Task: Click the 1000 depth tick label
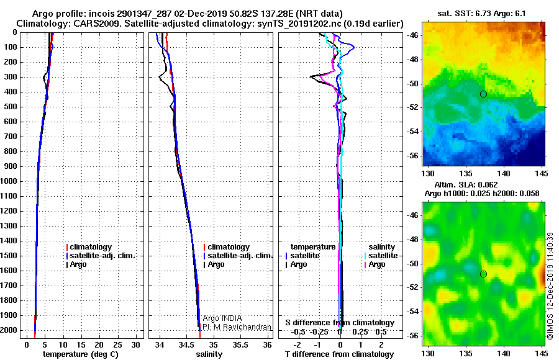pyautogui.click(x=9, y=181)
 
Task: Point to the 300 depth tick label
pyautogui.click(x=11, y=77)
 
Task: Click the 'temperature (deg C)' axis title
pyautogui.click(x=81, y=354)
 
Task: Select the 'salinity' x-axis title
pyautogui.click(x=209, y=354)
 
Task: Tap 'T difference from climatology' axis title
pyautogui.click(x=339, y=354)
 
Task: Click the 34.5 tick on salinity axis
pyautogui.click(x=186, y=345)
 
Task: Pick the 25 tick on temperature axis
pyautogui.click(x=117, y=345)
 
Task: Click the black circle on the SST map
pyautogui.click(x=483, y=94)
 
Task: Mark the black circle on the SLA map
pyautogui.click(x=483, y=274)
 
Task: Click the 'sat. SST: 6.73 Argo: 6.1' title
pyautogui.click(x=481, y=14)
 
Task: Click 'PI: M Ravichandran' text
pyautogui.click(x=237, y=327)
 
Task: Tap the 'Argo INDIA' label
pyautogui.click(x=222, y=318)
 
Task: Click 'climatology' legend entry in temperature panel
pyautogui.click(x=89, y=247)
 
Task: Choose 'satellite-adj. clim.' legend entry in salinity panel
pyautogui.click(x=238, y=256)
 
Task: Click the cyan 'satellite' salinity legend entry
pyautogui.click(x=381, y=256)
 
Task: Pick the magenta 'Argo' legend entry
pyautogui.click(x=375, y=264)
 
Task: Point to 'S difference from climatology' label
pyautogui.click(x=340, y=323)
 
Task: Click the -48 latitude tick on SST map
pyautogui.click(x=413, y=60)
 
